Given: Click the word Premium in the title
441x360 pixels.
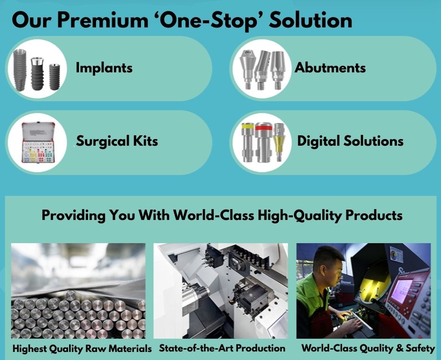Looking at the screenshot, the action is tap(103, 20).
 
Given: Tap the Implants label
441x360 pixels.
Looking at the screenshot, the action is tap(104, 68).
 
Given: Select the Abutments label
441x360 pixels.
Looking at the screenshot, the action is tap(330, 68).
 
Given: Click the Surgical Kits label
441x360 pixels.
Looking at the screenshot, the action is tap(117, 141).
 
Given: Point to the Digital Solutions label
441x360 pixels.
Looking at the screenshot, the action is tap(350, 141).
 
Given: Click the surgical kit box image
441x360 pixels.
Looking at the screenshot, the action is tap(38, 142).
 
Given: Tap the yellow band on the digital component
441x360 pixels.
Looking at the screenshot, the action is tap(248, 126).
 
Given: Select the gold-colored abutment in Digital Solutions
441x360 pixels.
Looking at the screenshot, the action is tap(279, 142).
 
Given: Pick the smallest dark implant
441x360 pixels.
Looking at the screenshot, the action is tap(55, 77).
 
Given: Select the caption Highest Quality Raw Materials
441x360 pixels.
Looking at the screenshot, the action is tap(82, 349).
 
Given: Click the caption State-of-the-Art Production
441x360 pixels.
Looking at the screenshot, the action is tap(222, 348).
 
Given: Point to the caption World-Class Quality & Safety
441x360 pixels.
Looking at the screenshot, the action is tap(368, 349).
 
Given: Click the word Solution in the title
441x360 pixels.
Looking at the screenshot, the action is tap(310, 20).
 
